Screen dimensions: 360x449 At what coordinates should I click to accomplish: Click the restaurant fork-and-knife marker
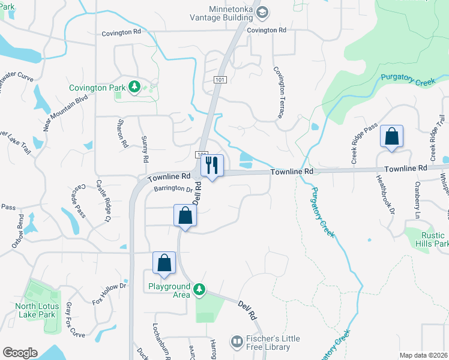click(212, 165)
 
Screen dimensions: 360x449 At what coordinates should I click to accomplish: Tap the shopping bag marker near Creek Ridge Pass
click(391, 137)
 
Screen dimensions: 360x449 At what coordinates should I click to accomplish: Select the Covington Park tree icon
click(134, 88)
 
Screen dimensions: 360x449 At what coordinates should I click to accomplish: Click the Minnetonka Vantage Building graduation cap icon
click(262, 11)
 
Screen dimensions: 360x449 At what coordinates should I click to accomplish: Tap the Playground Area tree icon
click(199, 291)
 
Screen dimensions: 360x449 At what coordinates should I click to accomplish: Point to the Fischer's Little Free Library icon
click(237, 343)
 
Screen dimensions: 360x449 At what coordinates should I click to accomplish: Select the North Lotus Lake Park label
click(35, 310)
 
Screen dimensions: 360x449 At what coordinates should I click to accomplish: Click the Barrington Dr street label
click(172, 189)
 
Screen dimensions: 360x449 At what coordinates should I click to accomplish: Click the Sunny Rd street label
click(144, 149)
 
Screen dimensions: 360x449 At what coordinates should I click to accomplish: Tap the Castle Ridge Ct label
click(104, 209)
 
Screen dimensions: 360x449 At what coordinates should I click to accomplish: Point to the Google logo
click(20, 353)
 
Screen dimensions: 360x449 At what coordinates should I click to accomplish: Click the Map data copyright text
click(423, 355)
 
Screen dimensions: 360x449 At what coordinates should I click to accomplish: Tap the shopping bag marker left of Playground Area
click(164, 262)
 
